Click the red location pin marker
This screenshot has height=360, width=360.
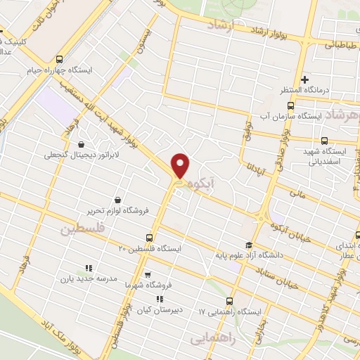coord(181,166)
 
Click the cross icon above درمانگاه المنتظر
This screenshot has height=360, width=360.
coord(304,79)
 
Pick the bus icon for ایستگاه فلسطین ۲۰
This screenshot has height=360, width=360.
coord(148,238)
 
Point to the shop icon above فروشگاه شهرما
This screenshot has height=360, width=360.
coord(147,274)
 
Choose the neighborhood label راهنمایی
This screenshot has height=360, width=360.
coord(211,338)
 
